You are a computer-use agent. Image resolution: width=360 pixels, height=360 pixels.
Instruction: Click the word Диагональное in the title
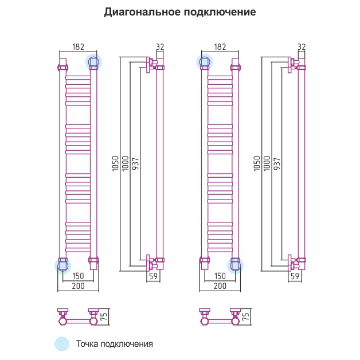[140, 12]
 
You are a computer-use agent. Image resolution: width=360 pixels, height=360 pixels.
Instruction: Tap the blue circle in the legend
[61, 344]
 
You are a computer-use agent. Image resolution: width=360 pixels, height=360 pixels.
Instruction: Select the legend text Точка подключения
[114, 344]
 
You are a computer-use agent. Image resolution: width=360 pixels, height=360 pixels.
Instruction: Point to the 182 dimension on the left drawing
[80, 47]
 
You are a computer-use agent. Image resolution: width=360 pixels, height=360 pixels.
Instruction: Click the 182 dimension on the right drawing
[220, 47]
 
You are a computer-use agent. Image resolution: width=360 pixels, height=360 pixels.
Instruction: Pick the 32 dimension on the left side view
[160, 47]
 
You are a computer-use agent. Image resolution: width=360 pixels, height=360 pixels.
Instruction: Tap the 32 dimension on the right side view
[302, 47]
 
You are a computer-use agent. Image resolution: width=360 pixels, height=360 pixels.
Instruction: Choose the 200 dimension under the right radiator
[220, 285]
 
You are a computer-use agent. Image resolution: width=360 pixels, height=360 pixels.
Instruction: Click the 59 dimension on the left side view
[153, 276]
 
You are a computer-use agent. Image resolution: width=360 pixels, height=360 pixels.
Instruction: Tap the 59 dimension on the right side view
[295, 276]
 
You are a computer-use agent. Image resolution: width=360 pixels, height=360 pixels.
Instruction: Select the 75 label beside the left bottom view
[104, 316]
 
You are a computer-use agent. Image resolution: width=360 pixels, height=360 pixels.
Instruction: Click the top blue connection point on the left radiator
[93, 61]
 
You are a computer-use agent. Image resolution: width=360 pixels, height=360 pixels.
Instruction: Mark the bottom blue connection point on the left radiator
[62, 265]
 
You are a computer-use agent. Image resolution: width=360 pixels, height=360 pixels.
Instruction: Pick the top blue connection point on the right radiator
[205, 61]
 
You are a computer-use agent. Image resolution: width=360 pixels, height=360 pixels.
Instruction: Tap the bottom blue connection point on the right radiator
[235, 265]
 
